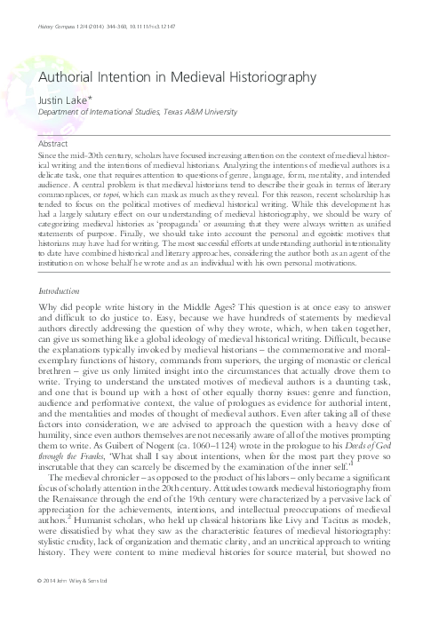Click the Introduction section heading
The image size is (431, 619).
[x=52, y=240]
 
